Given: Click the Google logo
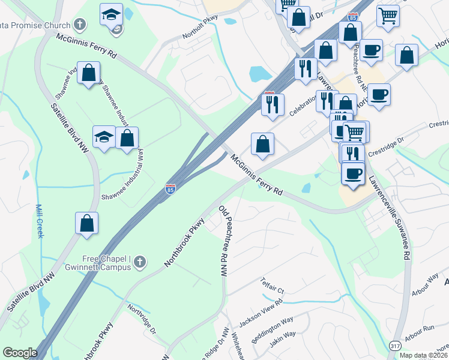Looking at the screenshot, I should pos(20,353).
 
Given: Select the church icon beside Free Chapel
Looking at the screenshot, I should pos(139,262).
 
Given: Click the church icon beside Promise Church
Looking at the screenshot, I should pos(80,25).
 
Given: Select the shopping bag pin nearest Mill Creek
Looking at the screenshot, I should pos(87,223).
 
